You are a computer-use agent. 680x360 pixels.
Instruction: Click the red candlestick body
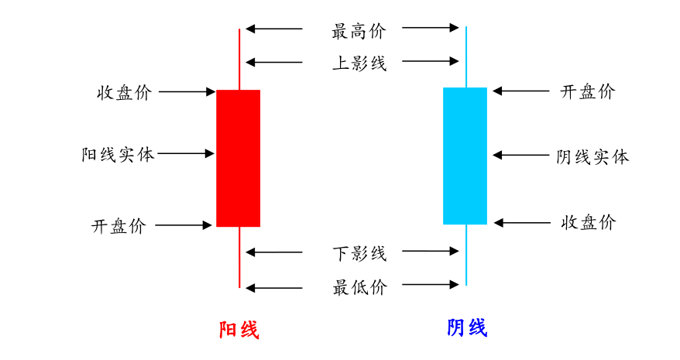(x=238, y=158)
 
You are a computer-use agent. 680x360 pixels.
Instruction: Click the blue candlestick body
(x=465, y=156)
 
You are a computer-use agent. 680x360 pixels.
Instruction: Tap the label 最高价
(x=358, y=32)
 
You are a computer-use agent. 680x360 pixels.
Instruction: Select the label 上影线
(x=359, y=63)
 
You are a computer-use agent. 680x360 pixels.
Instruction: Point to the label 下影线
(x=359, y=253)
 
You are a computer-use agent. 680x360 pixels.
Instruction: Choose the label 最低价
(x=359, y=288)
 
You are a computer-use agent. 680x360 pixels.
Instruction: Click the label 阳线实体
(x=118, y=154)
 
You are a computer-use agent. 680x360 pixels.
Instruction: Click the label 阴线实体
(x=592, y=157)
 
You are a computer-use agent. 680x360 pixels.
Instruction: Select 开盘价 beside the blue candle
(x=587, y=91)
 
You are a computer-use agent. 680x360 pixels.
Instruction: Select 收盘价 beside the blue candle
(x=588, y=223)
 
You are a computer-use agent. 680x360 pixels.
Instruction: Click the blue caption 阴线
(x=467, y=328)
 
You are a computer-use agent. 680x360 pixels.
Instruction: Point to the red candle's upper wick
(x=239, y=59)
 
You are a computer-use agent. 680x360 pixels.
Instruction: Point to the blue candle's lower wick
(x=466, y=255)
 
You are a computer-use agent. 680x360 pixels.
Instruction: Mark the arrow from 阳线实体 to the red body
(x=186, y=154)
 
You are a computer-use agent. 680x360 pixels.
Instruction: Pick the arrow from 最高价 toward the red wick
(x=274, y=29)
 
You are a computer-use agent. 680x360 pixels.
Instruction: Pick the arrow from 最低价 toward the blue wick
(x=431, y=285)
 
